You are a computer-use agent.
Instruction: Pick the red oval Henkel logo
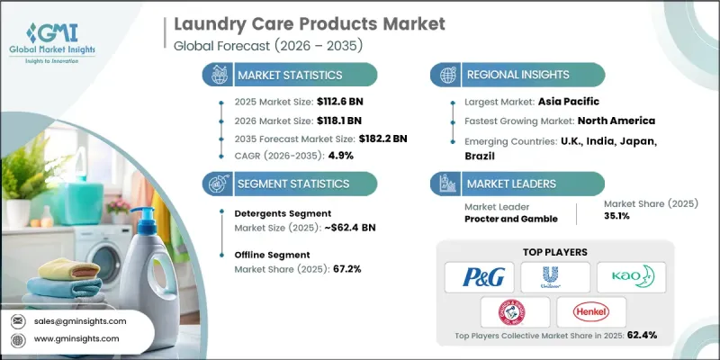[x=593, y=310]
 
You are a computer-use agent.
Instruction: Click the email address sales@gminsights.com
[x=79, y=320]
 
